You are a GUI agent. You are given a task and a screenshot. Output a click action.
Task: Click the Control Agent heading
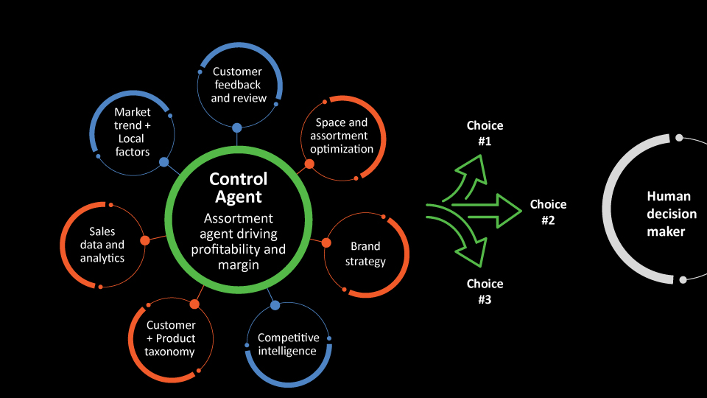coord(238,188)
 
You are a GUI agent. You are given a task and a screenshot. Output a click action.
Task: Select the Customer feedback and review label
coord(237,85)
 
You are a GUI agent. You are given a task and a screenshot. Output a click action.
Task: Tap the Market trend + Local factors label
coord(133,132)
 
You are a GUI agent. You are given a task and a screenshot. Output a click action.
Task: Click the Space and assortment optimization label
coord(342,136)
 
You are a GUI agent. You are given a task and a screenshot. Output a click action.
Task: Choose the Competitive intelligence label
coord(288,344)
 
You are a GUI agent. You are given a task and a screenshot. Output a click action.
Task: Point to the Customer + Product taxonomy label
coord(171,338)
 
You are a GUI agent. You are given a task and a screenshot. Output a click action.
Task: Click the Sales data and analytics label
coord(102,245)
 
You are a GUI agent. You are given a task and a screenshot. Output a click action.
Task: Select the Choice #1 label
coord(485,133)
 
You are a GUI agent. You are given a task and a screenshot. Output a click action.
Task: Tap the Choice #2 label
coord(549,212)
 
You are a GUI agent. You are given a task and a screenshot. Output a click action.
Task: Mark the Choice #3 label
coord(485,292)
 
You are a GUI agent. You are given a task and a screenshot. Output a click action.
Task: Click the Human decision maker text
coord(666,214)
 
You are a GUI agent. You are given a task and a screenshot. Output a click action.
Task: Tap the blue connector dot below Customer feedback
coord(237,128)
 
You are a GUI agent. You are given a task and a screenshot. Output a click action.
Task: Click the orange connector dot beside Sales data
coord(145,240)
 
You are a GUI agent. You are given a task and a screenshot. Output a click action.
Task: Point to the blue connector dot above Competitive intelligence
coord(275,304)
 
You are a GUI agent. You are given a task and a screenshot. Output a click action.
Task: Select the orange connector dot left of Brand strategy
coord(325,242)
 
